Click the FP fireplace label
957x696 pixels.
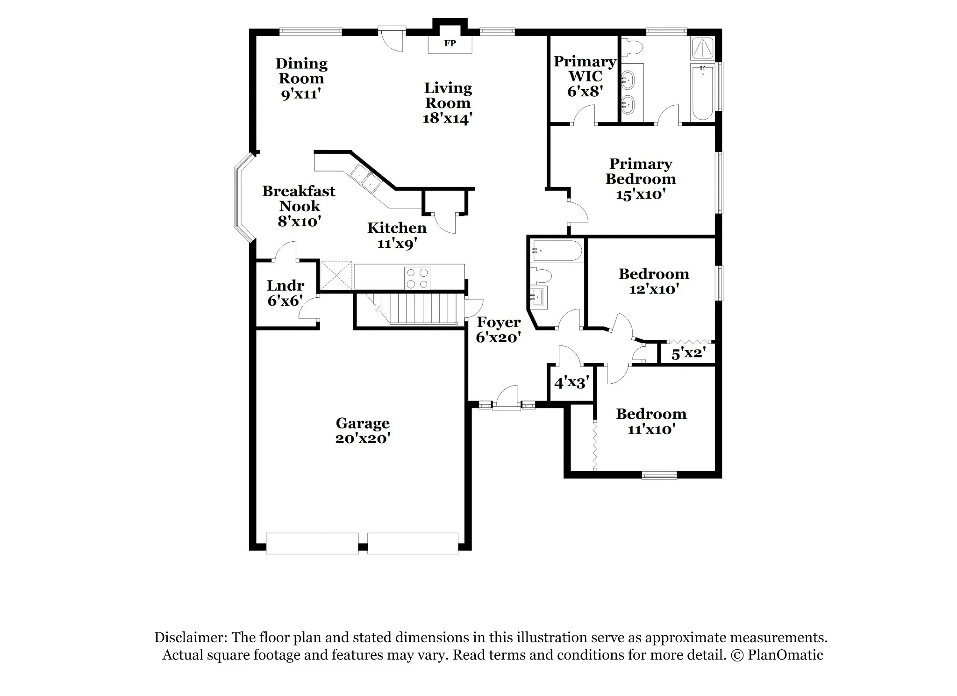450,43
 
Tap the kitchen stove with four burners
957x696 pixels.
417,278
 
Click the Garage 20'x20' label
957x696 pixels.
363,431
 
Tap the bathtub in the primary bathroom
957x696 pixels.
702,92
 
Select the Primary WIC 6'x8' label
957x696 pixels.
585,76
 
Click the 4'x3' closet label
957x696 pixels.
571,383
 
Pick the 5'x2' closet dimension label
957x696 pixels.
688,353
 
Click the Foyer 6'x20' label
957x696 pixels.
499,330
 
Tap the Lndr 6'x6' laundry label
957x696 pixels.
286,293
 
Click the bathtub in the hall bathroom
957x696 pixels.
557,251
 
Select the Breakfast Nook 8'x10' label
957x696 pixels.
299,206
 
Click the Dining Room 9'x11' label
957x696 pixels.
301,79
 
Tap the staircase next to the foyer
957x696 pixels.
410,309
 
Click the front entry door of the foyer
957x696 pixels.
507,398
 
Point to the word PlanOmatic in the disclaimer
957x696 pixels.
785,655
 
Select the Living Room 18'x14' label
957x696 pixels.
448,103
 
